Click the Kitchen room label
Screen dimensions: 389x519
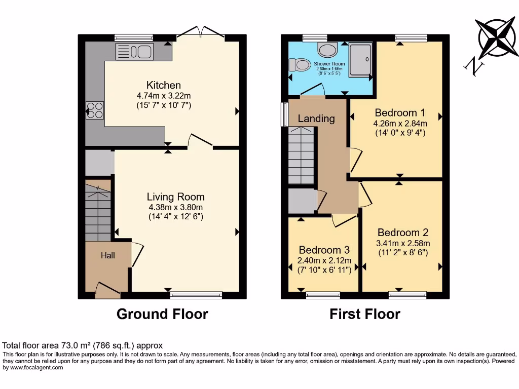(163, 85)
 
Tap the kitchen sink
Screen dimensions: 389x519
(134, 52)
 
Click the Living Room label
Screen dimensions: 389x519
(175, 197)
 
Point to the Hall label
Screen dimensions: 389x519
(107, 256)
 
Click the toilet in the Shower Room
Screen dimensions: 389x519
(300, 65)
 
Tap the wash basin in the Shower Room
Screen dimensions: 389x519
(327, 50)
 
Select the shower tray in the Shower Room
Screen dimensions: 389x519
(360, 59)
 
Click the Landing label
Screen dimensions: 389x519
(316, 119)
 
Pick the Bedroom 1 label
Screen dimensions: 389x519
(399, 112)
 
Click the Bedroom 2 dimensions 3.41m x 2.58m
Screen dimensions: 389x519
(403, 243)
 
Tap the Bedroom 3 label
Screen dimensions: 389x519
(324, 250)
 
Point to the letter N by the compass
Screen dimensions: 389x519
(473, 66)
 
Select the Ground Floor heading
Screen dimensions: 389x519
(162, 314)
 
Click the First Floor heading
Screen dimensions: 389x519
(365, 314)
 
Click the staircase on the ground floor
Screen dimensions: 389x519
(98, 213)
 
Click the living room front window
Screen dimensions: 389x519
(196, 295)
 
